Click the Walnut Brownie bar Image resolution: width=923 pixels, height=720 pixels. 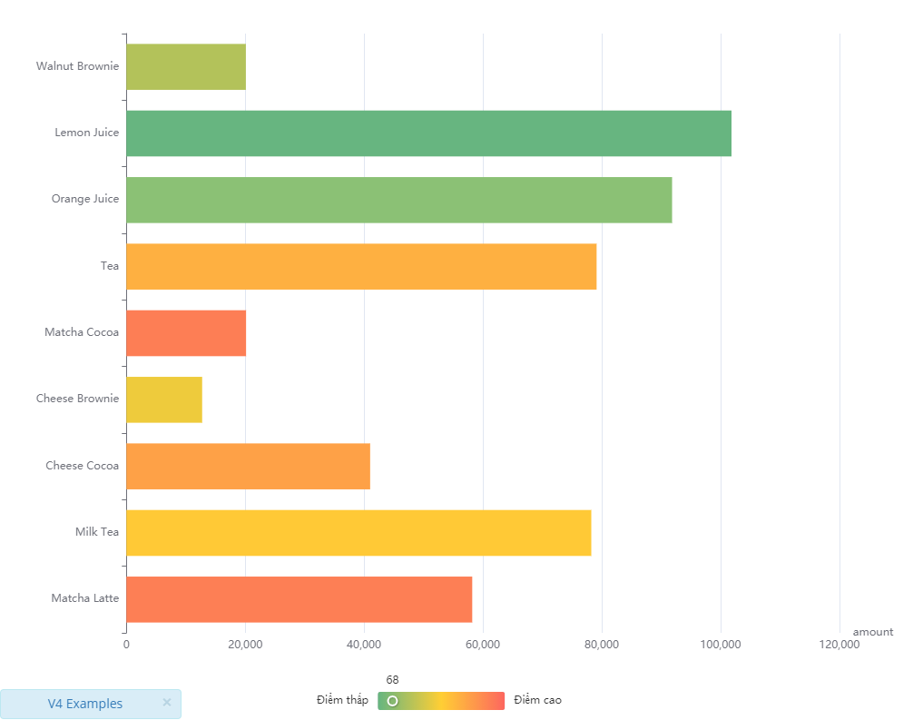coord(185,66)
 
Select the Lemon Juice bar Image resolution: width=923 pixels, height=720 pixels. coord(428,133)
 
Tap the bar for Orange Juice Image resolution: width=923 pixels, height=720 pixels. coord(398,200)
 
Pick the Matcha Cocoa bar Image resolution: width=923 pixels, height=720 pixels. coord(185,333)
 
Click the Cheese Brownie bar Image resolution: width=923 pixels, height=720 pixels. coord(163,399)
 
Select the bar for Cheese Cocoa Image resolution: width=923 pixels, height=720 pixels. coord(248,466)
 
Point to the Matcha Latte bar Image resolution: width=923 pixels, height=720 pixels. coord(299,599)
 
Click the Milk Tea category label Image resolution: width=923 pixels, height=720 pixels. coord(97,532)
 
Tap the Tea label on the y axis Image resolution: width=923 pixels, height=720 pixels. coord(110,266)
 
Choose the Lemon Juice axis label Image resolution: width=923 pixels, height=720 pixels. coord(86,133)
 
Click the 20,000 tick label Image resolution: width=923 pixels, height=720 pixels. coord(245,645)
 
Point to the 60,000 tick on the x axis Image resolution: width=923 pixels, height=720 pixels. coord(483,645)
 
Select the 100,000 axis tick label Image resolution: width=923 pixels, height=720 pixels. coord(721,645)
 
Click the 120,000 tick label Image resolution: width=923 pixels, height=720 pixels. coord(840,645)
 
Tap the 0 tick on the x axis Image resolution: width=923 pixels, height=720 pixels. coord(126,645)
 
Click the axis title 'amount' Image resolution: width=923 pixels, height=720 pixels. coord(872,632)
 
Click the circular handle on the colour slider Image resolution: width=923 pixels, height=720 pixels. coord(392,701)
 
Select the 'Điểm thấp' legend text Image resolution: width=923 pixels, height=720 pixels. coord(342,700)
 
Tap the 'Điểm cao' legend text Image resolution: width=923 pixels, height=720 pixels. coord(538,700)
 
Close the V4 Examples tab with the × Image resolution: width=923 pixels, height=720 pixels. coord(167,703)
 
